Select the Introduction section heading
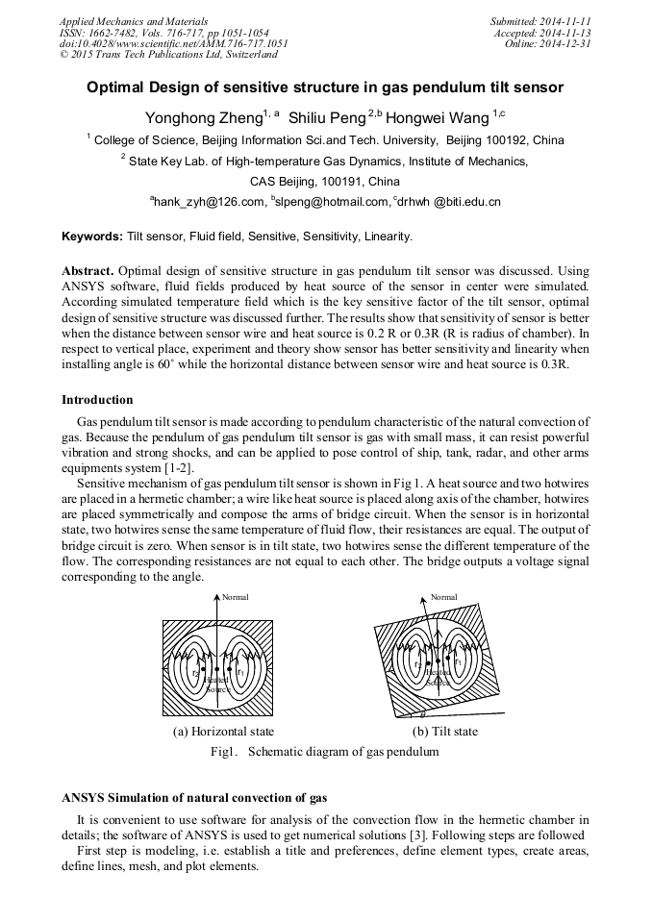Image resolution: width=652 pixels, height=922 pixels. tap(97, 400)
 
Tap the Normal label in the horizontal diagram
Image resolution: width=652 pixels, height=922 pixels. tap(236, 597)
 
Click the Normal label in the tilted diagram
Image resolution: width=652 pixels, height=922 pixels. tap(443, 597)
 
